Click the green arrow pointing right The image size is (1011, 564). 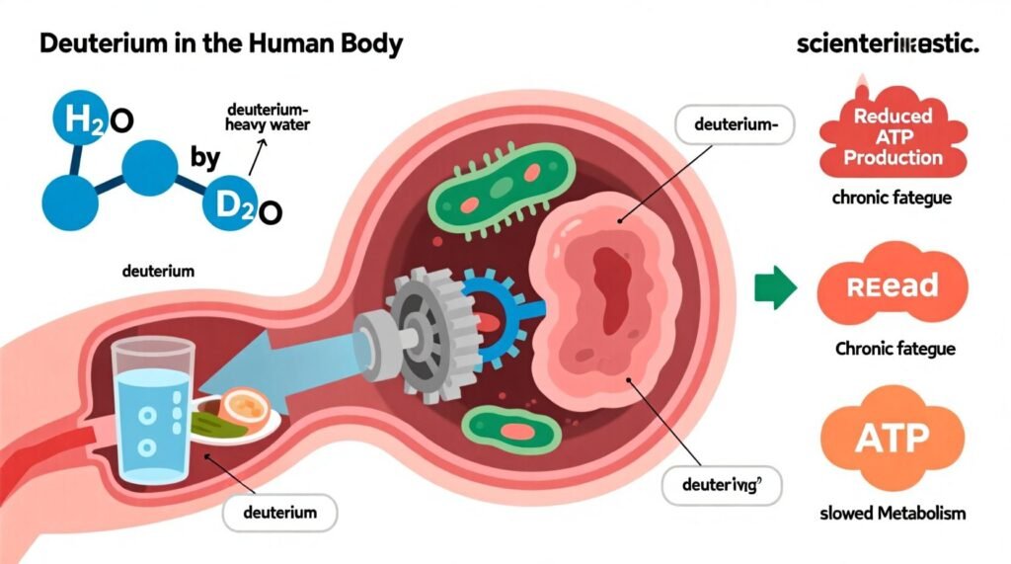click(775, 287)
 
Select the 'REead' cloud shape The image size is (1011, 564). click(891, 286)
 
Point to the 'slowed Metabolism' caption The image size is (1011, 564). click(892, 514)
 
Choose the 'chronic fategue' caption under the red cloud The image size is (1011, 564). click(892, 198)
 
